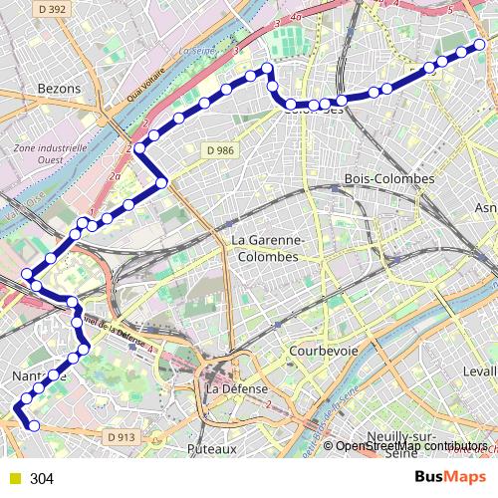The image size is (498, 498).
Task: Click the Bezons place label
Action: click(x=58, y=89)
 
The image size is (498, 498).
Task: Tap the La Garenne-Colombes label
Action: click(x=264, y=249)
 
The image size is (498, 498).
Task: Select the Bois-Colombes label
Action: click(x=389, y=178)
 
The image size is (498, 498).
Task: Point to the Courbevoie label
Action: click(x=323, y=352)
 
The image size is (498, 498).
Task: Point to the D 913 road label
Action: click(x=119, y=436)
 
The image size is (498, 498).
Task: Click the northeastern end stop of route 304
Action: click(x=480, y=44)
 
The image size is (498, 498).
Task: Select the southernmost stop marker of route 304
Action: click(x=34, y=426)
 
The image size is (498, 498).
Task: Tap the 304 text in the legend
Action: click(x=41, y=479)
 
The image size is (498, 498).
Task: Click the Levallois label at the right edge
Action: click(x=478, y=371)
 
